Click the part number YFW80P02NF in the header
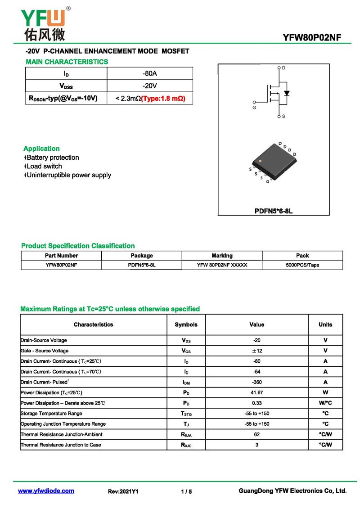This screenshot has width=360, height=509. [312, 38]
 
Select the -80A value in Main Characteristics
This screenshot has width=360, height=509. [149, 73]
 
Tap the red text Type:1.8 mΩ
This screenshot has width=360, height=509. [163, 98]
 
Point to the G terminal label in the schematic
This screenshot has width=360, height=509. [254, 108]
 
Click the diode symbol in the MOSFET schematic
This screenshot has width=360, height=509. [287, 94]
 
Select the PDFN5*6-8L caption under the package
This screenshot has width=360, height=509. [274, 210]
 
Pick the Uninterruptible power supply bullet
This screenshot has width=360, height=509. [67, 175]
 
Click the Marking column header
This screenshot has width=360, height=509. [222, 256]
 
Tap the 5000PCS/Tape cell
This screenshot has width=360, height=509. [302, 265]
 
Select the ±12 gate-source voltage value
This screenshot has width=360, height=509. [257, 351]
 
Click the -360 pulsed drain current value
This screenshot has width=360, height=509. [257, 382]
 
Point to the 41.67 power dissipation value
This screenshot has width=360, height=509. [257, 392]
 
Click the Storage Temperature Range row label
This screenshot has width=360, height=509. [51, 414]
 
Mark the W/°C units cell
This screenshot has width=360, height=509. [325, 403]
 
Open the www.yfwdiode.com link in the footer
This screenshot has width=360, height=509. [46, 491]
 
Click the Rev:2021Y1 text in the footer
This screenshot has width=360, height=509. [123, 492]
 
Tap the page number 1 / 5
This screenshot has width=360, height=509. [186, 492]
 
